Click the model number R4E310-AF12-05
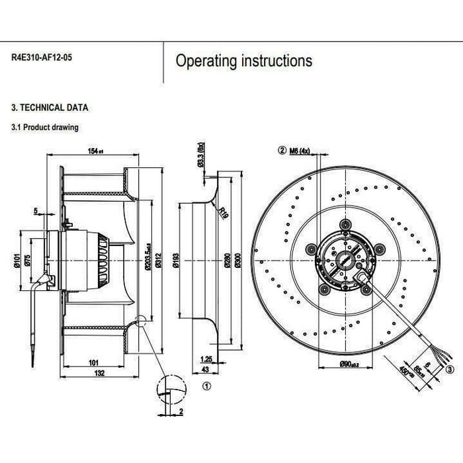click(42, 58)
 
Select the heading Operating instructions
click(243, 62)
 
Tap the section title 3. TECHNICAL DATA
click(50, 107)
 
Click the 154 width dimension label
click(96, 151)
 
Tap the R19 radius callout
click(224, 213)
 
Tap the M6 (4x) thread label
click(300, 150)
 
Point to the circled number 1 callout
click(206, 384)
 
